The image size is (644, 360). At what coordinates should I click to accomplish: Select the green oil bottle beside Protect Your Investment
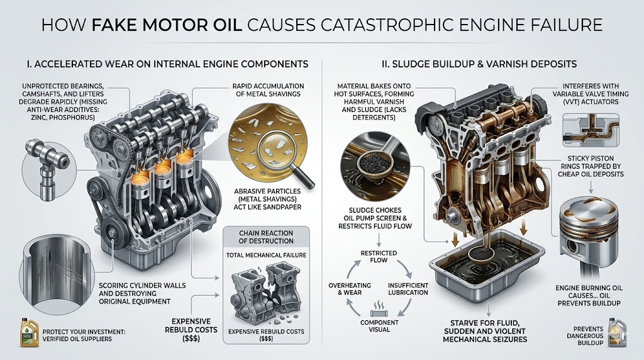coord(29,332)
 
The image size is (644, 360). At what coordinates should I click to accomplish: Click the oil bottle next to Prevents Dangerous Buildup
coord(617,332)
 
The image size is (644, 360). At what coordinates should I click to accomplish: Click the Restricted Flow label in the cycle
coord(378,256)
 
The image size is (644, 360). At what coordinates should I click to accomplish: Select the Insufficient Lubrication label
coord(408,289)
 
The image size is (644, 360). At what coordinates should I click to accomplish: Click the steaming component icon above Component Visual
coord(378,308)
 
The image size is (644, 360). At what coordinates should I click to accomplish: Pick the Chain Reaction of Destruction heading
coord(266,237)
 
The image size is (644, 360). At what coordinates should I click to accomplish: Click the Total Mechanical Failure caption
coord(266,255)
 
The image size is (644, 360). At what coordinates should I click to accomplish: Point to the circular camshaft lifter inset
coord(48,169)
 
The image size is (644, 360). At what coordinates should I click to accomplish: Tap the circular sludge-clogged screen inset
coord(375,166)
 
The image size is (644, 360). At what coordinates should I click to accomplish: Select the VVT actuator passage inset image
coord(591,130)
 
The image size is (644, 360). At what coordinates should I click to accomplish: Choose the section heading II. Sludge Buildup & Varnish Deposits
coord(479,64)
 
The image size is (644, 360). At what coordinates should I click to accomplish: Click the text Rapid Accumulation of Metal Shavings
coord(268,90)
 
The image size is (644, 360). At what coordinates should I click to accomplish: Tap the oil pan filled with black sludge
coord(487,263)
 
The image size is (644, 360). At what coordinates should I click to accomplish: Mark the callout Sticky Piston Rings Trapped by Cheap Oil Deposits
coord(591,166)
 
